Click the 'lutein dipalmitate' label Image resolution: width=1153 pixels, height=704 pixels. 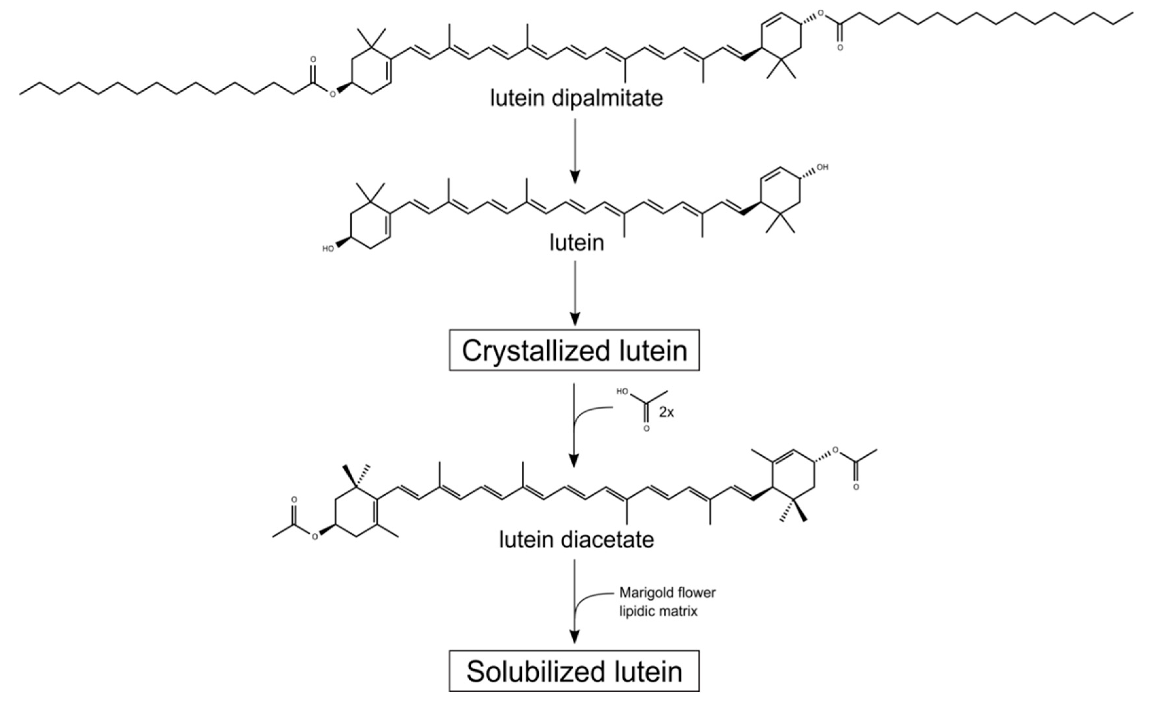point(576,98)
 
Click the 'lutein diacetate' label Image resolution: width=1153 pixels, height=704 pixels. point(576,540)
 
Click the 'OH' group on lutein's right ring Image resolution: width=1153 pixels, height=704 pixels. point(822,167)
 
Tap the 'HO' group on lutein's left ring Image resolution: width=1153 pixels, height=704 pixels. point(328,249)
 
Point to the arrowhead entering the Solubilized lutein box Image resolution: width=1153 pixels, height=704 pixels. point(575,637)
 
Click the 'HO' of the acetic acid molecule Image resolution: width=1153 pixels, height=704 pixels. point(622,391)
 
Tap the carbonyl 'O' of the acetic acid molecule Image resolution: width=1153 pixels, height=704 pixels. point(646,428)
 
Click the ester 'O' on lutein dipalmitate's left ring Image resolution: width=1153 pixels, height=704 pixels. point(332,95)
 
